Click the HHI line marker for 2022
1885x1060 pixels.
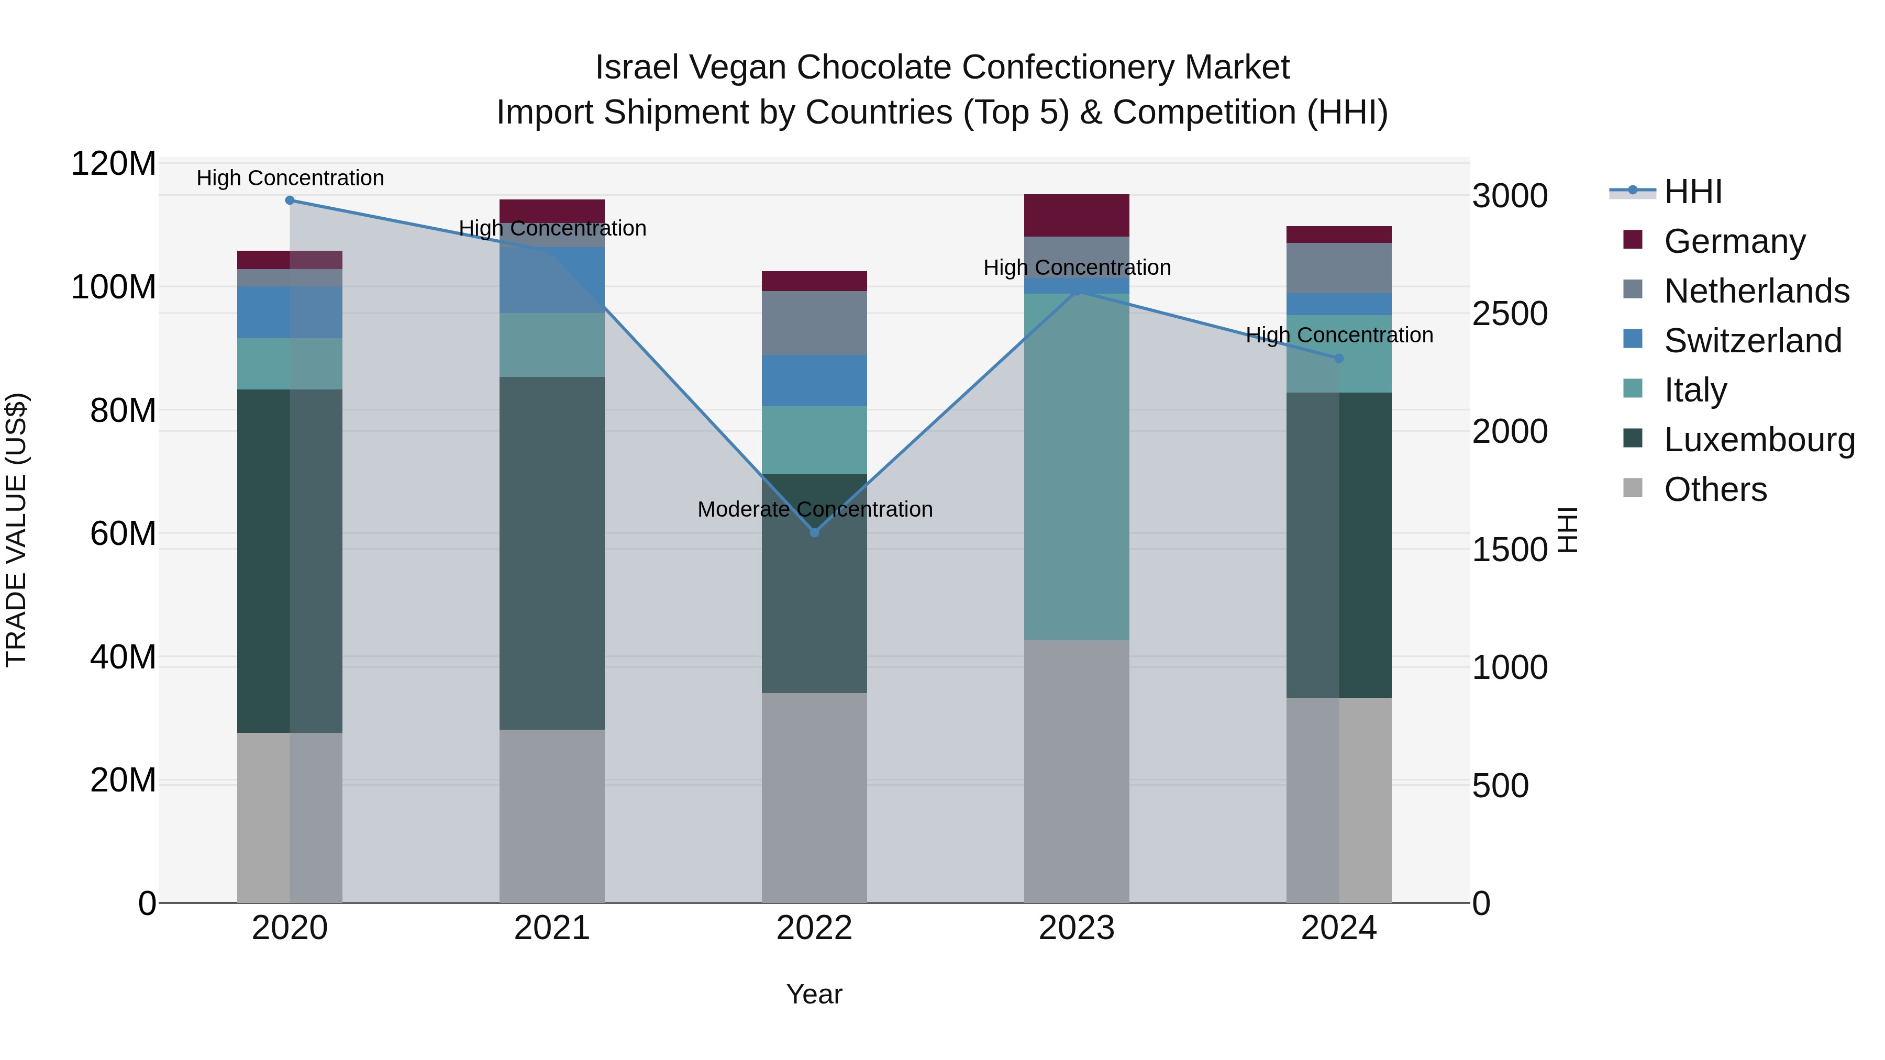(814, 532)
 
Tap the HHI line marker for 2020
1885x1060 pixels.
(290, 200)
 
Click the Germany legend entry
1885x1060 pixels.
(1734, 241)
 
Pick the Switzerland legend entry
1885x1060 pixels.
(1752, 341)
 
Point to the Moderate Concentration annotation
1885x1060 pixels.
(814, 509)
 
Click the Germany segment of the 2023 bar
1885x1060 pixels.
(1077, 215)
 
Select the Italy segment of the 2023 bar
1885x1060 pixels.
(1077, 467)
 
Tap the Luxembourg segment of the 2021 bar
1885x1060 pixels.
(552, 553)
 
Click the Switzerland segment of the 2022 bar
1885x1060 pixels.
(814, 381)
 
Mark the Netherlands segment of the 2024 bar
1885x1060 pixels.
(1339, 267)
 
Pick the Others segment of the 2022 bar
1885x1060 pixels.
(814, 797)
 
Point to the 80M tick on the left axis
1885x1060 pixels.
(122, 411)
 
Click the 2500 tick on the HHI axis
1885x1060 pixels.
(1509, 314)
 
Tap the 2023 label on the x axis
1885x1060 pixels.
(1077, 928)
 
